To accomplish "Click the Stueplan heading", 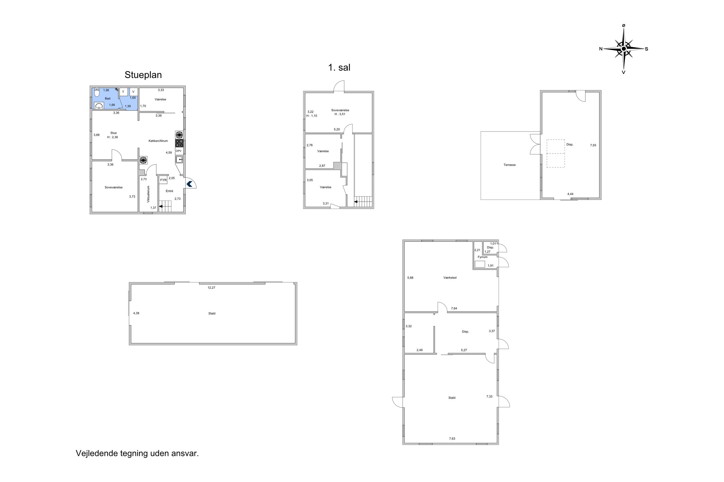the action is pyautogui.click(x=143, y=75).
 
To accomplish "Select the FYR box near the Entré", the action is pyautogui.click(x=163, y=180).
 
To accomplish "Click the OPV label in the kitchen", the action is pyautogui.click(x=178, y=151).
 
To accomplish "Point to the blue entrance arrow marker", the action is pyautogui.click(x=189, y=184).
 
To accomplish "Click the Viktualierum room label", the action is pyautogui.click(x=148, y=194).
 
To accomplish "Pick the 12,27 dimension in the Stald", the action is pyautogui.click(x=211, y=288).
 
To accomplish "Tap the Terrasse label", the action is pyautogui.click(x=510, y=165).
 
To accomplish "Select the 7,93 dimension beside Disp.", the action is pyautogui.click(x=593, y=145).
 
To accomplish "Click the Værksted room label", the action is pyautogui.click(x=450, y=278).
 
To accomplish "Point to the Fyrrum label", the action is pyautogui.click(x=483, y=257).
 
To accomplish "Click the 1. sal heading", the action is pyautogui.click(x=339, y=67).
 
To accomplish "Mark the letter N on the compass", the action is pyautogui.click(x=601, y=49).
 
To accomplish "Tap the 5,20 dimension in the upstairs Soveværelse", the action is pyautogui.click(x=337, y=129).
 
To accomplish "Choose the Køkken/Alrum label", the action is pyautogui.click(x=158, y=141).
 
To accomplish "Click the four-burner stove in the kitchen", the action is pyautogui.click(x=179, y=143).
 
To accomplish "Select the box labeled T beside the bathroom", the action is pyautogui.click(x=123, y=92).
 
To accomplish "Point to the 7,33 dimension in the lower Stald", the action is pyautogui.click(x=489, y=397).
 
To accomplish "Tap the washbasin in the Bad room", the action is pyautogui.click(x=99, y=106).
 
